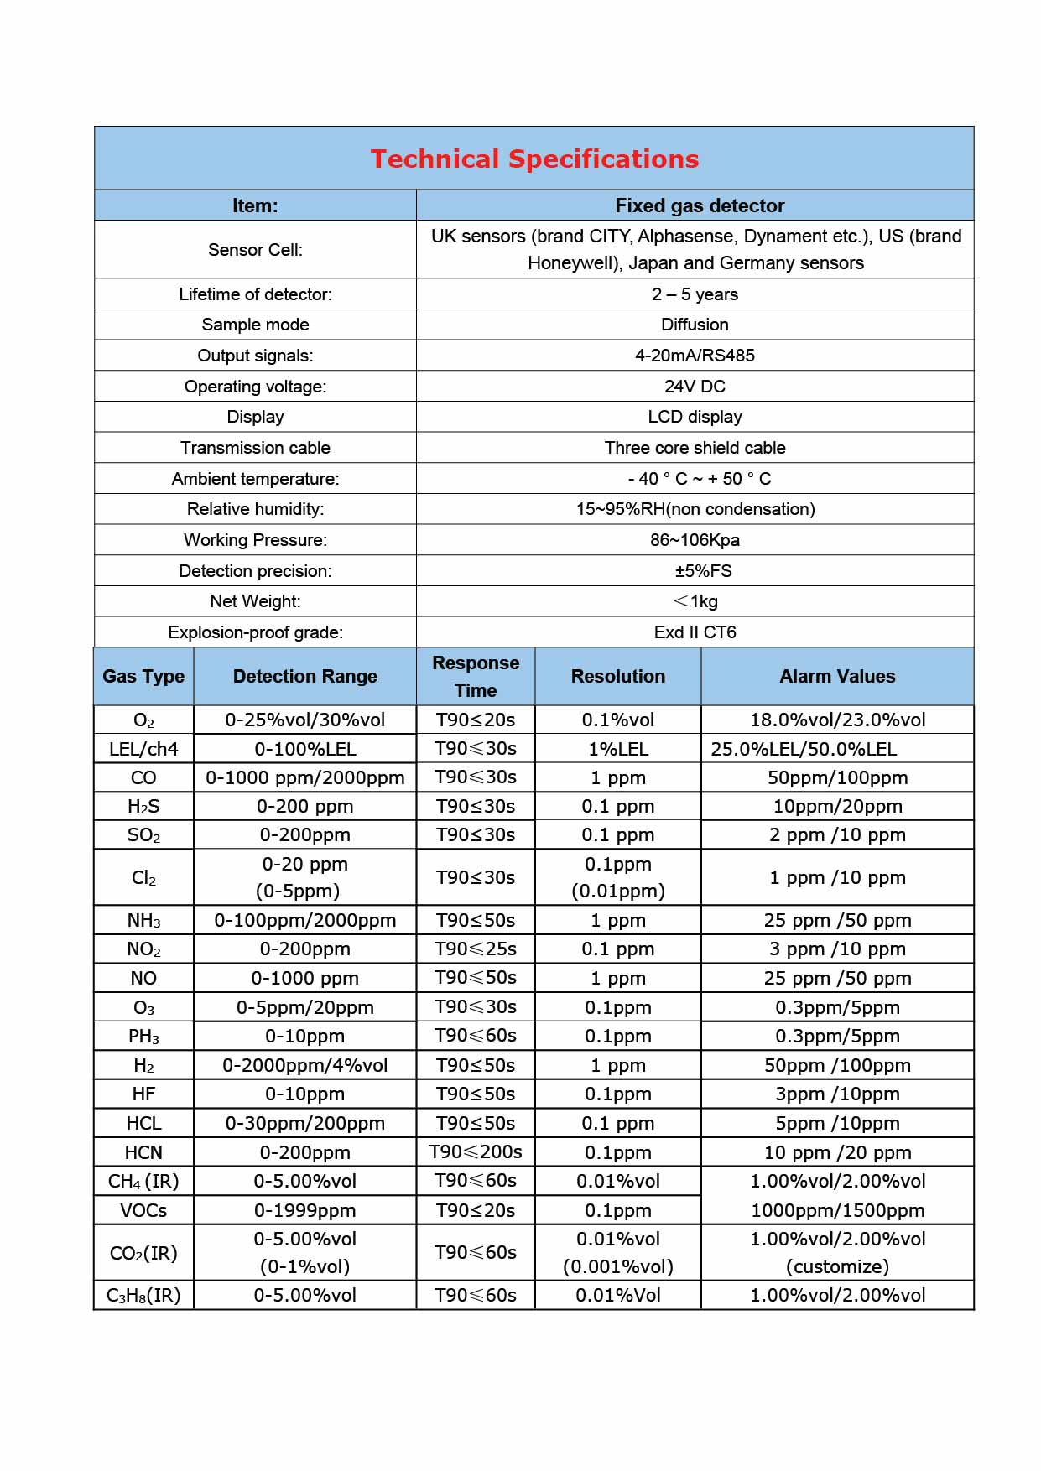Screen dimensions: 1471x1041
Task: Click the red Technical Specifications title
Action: (534, 159)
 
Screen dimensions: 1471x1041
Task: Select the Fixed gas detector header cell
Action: (700, 205)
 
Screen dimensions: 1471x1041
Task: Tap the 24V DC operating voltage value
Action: (695, 387)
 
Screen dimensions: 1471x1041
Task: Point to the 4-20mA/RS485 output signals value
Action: (695, 356)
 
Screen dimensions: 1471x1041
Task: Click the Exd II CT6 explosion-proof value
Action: (695, 632)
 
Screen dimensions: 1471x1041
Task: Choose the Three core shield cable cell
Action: (695, 448)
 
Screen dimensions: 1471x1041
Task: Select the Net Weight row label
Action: (255, 601)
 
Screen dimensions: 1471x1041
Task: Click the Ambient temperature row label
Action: (255, 479)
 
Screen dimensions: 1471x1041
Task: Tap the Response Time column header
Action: (476, 676)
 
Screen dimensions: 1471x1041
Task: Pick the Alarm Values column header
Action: (837, 676)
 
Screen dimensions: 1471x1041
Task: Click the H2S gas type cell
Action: (143, 807)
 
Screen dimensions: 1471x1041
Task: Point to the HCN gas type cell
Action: (143, 1152)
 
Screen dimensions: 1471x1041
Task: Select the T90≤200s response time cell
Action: (476, 1152)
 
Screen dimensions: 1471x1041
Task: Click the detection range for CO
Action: (305, 777)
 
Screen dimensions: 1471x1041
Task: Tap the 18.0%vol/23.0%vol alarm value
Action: (837, 720)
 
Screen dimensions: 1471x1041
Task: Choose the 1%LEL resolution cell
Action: (618, 749)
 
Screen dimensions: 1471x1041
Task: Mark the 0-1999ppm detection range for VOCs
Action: (305, 1210)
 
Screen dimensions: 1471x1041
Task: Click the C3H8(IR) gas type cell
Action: (143, 1295)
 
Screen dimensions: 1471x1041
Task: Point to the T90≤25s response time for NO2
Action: (476, 949)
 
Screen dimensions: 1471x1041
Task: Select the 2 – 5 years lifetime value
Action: (695, 294)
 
